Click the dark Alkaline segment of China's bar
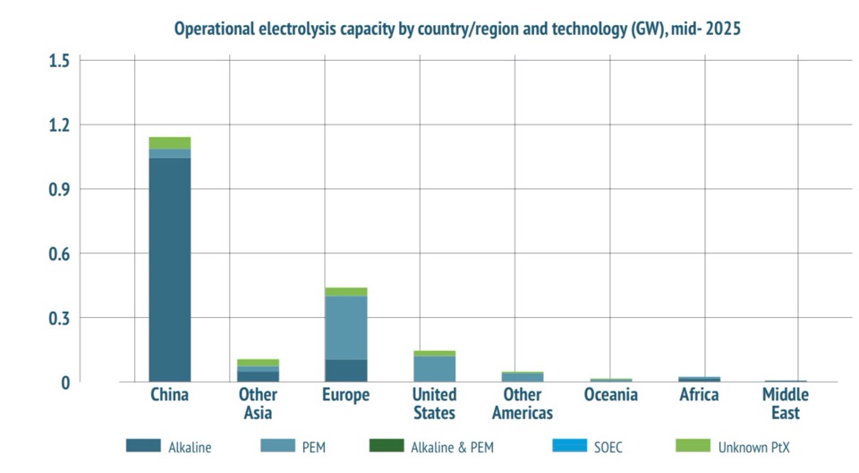[169, 269]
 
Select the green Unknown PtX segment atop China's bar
[169, 142]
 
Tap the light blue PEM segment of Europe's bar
[345, 327]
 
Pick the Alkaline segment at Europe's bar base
[345, 370]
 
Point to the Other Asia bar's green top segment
[258, 362]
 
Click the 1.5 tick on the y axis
[59, 60]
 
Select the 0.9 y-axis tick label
[59, 189]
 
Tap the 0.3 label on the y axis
[59, 318]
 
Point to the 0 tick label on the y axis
[64, 383]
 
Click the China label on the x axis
[169, 395]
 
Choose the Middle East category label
[785, 404]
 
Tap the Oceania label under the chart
[610, 395]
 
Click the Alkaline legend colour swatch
[143, 446]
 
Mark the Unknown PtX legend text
[754, 447]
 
